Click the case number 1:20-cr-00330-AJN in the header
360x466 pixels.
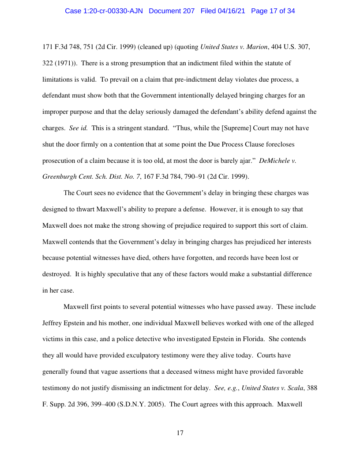[x=104, y=11]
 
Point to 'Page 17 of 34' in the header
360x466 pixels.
[x=273, y=11]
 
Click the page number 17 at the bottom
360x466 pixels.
[x=180, y=433]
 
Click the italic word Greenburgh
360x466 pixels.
[x=59, y=177]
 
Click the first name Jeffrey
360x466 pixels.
[x=53, y=323]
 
